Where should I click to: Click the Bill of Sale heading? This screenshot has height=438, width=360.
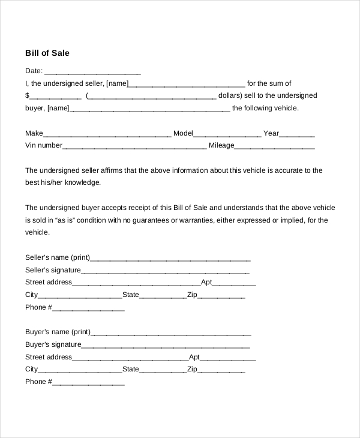tap(47, 53)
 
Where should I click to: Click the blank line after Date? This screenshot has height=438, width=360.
tap(92, 71)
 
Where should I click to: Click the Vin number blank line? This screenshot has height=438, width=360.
tap(134, 146)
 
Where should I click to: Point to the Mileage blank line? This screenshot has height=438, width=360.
tap(274, 146)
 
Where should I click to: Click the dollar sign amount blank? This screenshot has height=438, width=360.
tap(55, 97)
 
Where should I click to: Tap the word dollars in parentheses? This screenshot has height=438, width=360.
tap(229, 96)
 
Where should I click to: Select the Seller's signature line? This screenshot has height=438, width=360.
tap(166, 271)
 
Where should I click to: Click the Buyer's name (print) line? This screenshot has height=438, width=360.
tap(170, 333)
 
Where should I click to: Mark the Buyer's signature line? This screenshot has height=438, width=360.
tap(166, 346)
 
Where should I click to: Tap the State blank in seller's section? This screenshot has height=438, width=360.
tap(163, 296)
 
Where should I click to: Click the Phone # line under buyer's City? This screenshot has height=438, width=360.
tap(89, 383)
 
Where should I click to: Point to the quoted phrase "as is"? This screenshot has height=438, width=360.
tap(66, 220)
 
